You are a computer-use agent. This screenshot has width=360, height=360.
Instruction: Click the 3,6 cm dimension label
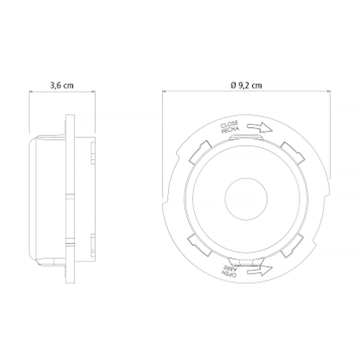click(x=62, y=85)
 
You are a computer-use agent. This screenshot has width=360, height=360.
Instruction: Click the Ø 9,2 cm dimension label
click(x=246, y=85)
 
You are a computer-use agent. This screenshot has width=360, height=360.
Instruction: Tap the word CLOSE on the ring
click(x=229, y=125)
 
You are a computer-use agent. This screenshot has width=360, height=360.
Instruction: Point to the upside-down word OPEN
click(x=229, y=274)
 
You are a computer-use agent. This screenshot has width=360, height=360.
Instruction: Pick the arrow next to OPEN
click(x=260, y=271)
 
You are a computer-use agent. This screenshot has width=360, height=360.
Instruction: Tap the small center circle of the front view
click(x=246, y=199)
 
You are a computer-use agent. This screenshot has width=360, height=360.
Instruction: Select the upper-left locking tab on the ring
click(x=200, y=152)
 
